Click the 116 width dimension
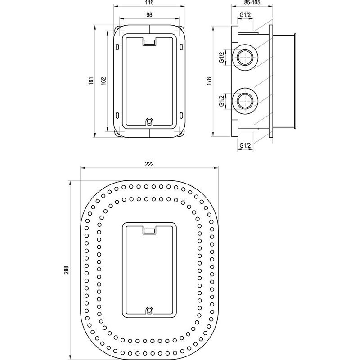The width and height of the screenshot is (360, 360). [149, 3]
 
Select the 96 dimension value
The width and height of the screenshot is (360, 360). [149, 15]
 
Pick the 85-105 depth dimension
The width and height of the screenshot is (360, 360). [253, 3]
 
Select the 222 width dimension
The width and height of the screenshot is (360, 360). [149, 164]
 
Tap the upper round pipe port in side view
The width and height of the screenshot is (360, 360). [245, 57]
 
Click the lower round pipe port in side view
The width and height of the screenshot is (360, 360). [245, 100]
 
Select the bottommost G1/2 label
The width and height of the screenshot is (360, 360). [245, 145]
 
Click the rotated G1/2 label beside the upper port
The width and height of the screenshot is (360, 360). [221, 57]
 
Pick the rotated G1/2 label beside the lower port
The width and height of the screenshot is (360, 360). [221, 100]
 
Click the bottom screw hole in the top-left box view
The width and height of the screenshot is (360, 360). [149, 121]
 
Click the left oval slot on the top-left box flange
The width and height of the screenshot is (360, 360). [117, 47]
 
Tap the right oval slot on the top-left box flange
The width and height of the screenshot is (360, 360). [182, 47]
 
